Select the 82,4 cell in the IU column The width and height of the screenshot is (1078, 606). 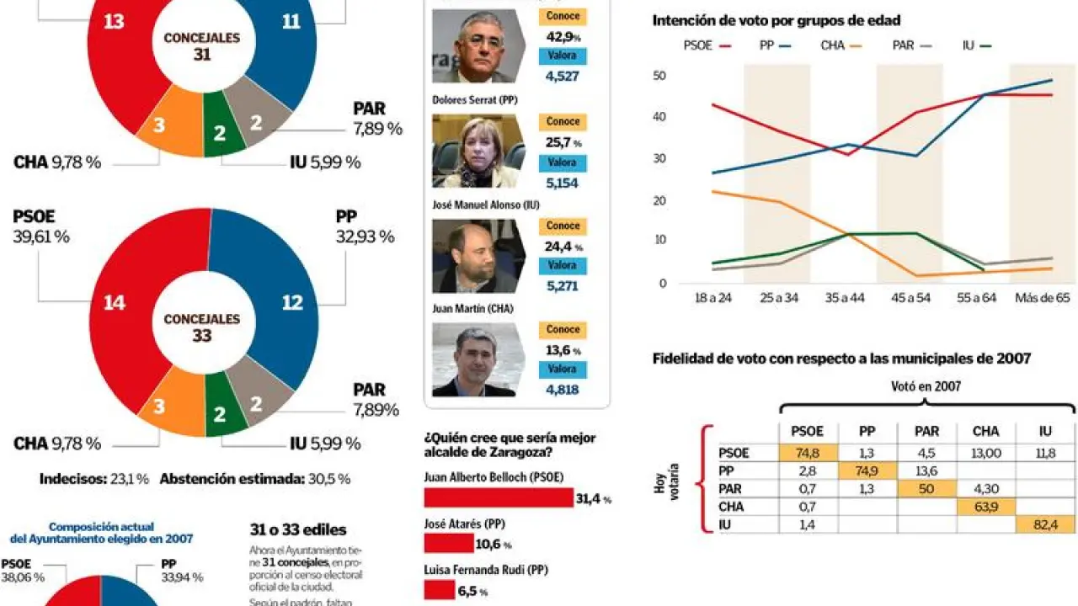click(x=1045, y=524)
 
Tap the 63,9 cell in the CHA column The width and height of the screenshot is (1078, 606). click(x=985, y=507)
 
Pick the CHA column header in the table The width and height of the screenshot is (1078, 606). click(x=985, y=431)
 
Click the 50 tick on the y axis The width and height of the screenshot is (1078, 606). click(x=659, y=76)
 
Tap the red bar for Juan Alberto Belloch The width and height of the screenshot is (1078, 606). click(x=498, y=498)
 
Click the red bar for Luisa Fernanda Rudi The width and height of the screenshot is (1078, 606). click(x=439, y=590)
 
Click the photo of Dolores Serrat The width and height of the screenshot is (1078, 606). click(x=477, y=151)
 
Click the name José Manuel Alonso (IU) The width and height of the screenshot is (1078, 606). click(x=485, y=205)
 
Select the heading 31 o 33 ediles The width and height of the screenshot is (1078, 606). click(x=298, y=530)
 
